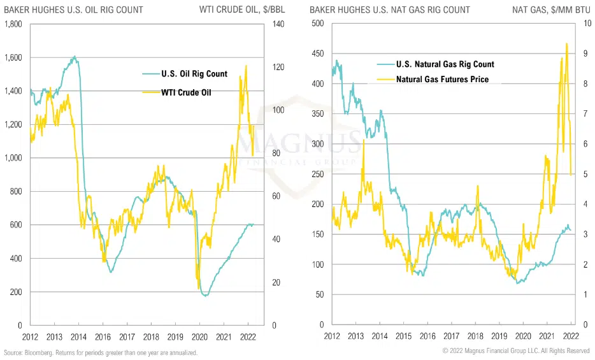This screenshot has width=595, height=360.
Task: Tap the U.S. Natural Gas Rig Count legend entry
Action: tap(445, 64)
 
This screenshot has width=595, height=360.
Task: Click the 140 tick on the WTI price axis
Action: tap(276, 24)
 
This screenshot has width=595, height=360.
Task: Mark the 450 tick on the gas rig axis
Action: tap(317, 54)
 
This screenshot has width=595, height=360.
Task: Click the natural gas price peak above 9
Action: tap(566, 44)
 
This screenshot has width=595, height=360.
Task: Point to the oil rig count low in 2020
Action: tap(204, 296)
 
